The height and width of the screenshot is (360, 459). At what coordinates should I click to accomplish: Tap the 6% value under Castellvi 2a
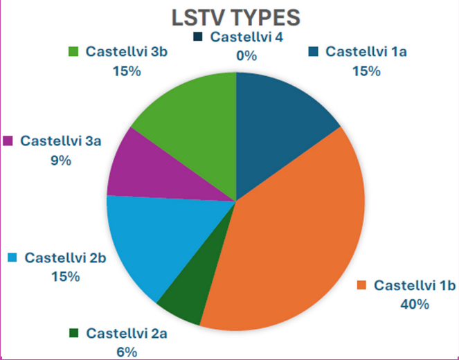[x=127, y=352]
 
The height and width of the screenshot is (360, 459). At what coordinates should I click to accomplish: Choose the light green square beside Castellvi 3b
[x=73, y=51]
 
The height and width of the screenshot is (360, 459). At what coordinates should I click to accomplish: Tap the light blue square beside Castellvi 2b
[x=12, y=258]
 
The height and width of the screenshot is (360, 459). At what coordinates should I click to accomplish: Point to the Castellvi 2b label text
[x=66, y=258]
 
